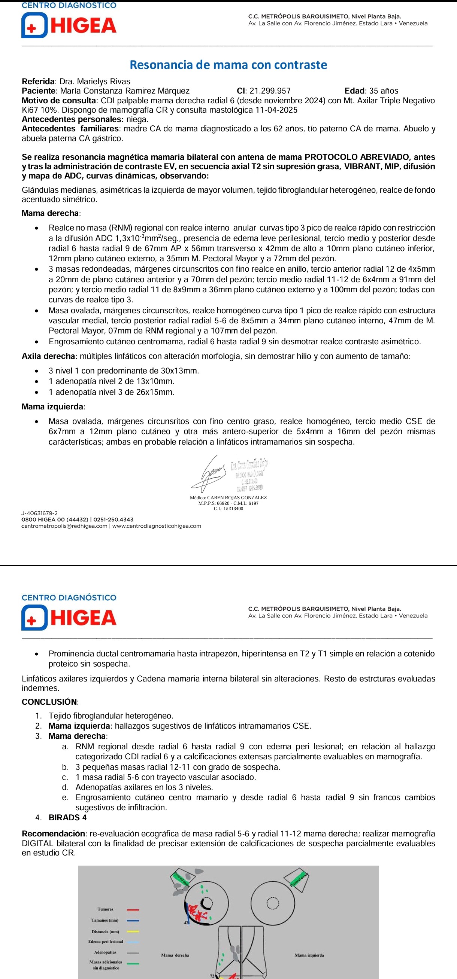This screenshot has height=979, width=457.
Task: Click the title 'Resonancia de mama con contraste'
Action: [228, 65]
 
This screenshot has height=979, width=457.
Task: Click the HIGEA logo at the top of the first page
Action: [69, 25]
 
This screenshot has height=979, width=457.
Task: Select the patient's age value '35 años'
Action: [384, 91]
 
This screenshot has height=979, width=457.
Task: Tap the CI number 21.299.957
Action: [270, 91]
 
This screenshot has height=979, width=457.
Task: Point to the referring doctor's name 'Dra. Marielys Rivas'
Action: [95, 81]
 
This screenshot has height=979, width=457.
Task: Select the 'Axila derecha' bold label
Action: [48, 356]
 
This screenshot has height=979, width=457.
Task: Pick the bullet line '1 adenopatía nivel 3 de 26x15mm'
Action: [111, 392]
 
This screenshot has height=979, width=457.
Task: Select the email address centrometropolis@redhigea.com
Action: [64, 526]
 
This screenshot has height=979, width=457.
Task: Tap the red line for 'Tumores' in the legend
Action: [133, 910]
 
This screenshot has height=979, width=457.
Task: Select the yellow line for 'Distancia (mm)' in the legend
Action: [133, 931]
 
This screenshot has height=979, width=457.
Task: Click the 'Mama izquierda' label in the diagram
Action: [309, 955]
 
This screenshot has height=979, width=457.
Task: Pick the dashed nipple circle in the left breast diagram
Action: [272, 903]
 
